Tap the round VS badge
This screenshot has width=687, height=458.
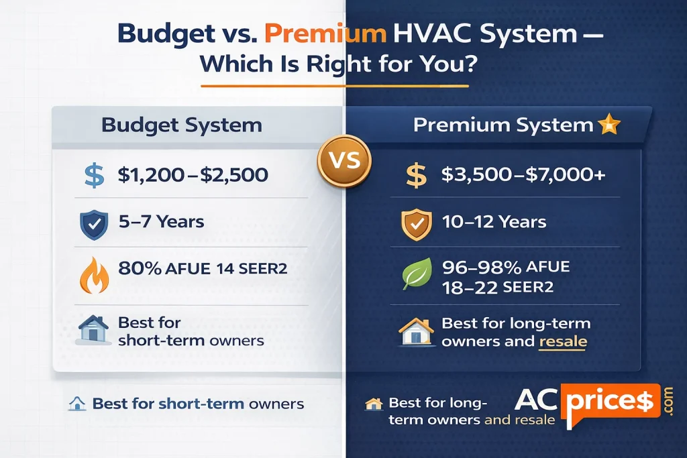point(344,162)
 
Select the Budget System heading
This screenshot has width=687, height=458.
point(182,125)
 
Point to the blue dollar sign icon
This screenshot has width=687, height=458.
point(93,176)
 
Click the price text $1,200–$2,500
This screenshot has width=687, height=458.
point(193,176)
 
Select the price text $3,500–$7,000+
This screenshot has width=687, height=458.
point(523,176)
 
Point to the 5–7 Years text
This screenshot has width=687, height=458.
point(161,221)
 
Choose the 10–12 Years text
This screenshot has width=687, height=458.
point(494,221)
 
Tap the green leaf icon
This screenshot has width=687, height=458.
point(415,276)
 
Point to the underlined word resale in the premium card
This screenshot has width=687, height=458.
point(562,341)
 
